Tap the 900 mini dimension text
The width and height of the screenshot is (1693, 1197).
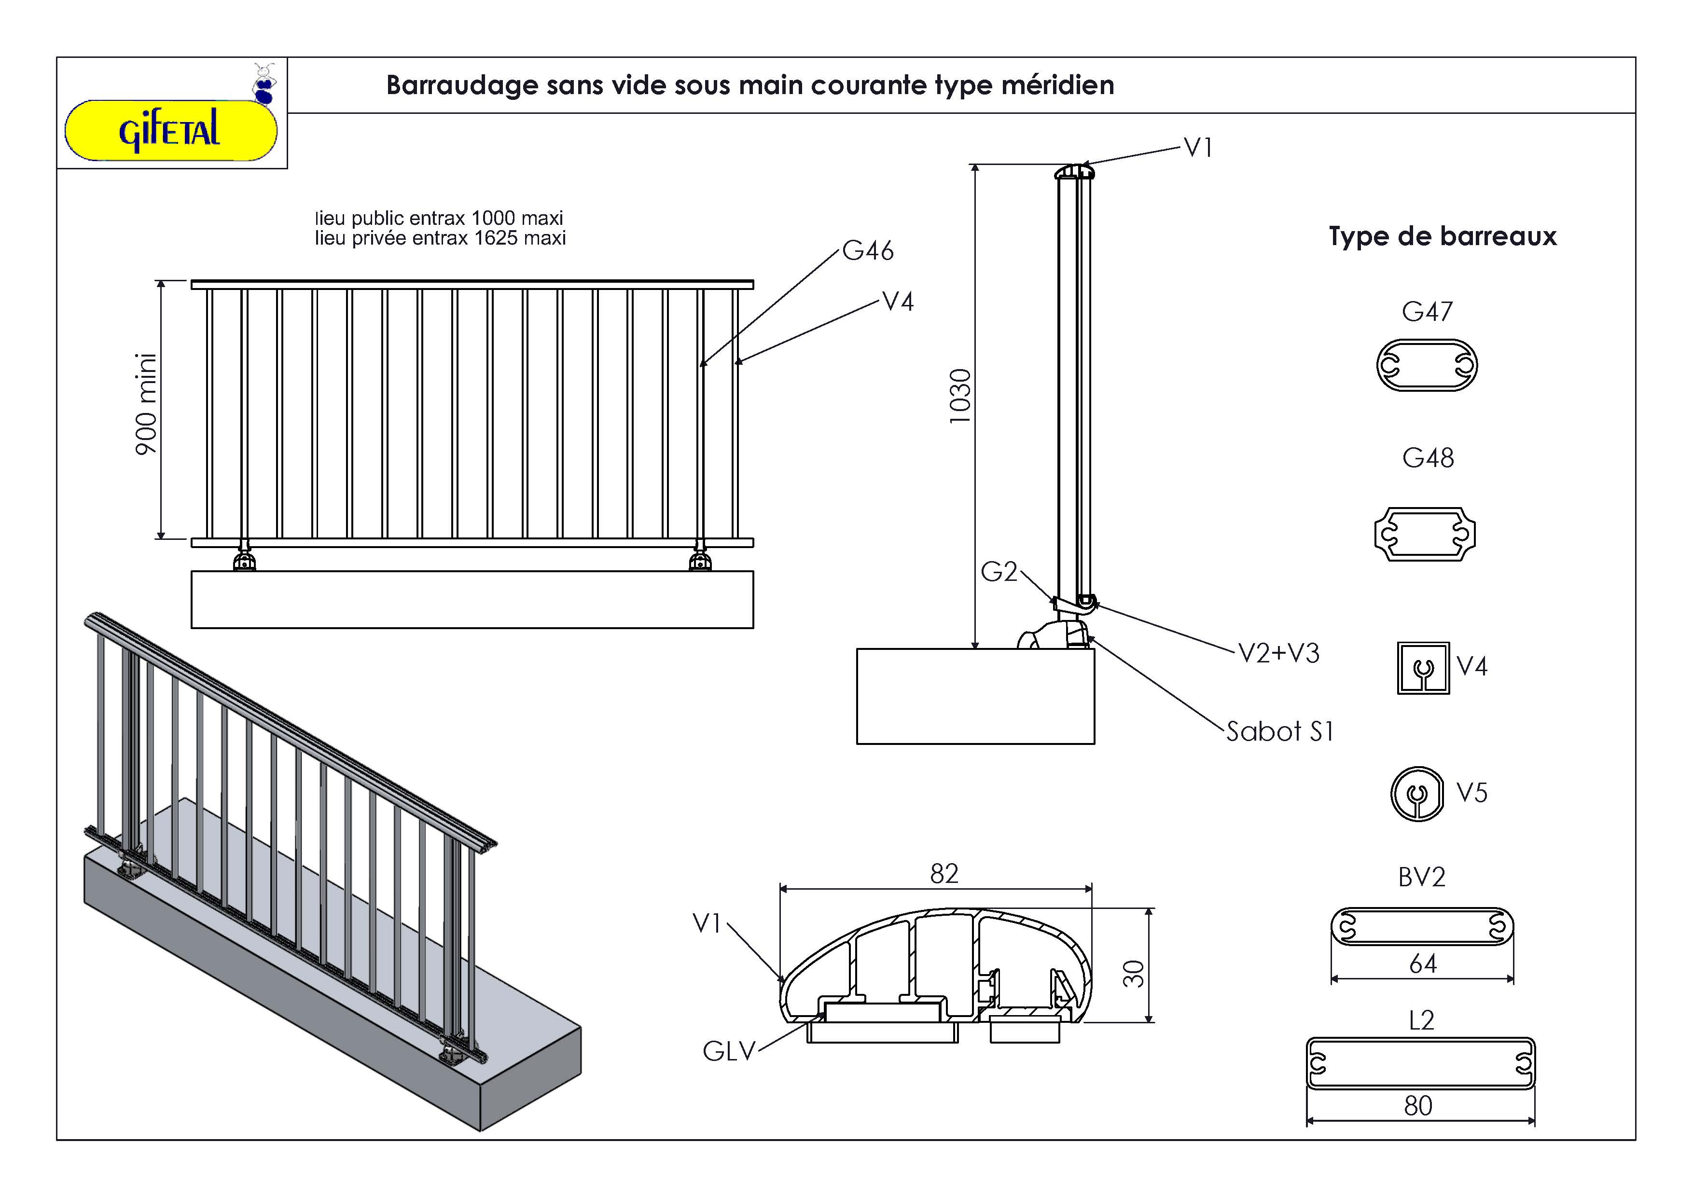[147, 404]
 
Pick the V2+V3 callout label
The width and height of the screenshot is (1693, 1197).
[1278, 653]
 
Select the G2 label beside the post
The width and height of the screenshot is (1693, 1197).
[999, 572]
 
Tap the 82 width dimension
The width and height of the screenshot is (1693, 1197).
[944, 874]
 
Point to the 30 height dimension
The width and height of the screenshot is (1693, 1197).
[1133, 974]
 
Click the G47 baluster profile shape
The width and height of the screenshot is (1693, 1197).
[1427, 365]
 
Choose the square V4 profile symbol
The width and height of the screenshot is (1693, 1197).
[1423, 668]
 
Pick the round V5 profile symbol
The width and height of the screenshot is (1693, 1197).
[1417, 794]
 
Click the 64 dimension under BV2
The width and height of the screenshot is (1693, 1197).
[1422, 964]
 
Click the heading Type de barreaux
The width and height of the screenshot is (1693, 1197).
[1443, 236]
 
